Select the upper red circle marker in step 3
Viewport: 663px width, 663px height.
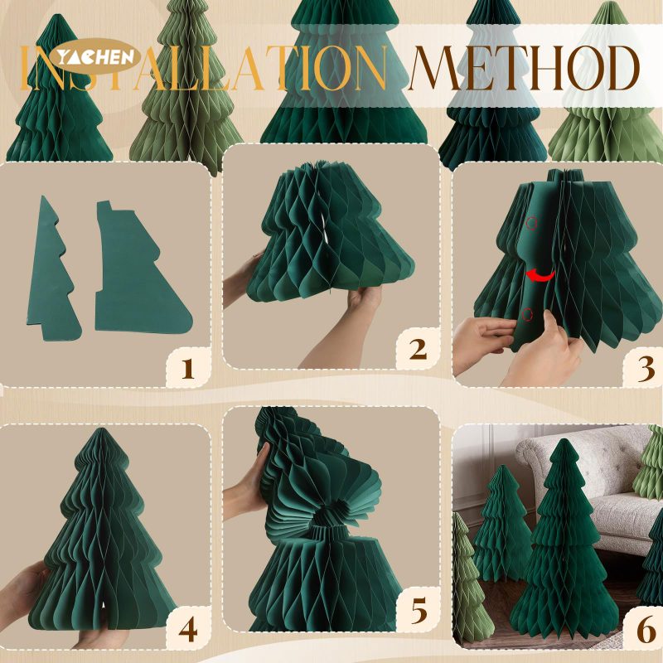pyautogui.click(x=531, y=223)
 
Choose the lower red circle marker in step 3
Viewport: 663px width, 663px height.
pyautogui.click(x=527, y=313)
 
